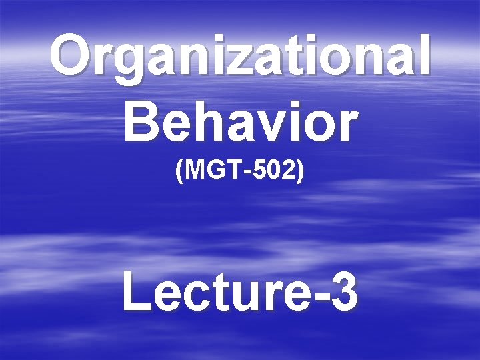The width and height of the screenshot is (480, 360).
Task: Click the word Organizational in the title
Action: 240,57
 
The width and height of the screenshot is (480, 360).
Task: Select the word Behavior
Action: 240,121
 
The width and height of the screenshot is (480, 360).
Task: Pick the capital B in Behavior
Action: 141,121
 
